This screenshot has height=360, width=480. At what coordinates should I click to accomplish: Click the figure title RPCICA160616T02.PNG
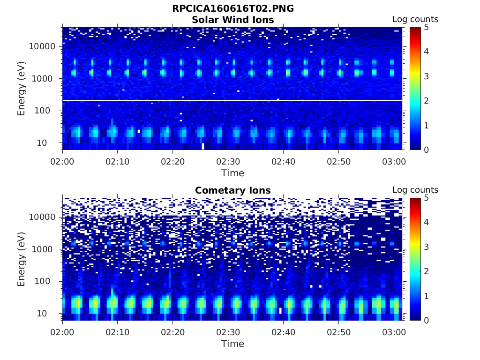point(233,8)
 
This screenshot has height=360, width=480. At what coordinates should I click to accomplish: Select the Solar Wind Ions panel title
point(233,20)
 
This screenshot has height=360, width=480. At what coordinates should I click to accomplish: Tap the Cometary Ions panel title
point(233,190)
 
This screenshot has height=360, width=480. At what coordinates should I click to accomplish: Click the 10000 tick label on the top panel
point(43,46)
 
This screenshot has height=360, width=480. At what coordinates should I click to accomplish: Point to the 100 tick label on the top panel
point(49,111)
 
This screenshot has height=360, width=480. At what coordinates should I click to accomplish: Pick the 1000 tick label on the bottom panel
point(46,249)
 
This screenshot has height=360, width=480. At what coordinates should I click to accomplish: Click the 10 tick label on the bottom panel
point(51,313)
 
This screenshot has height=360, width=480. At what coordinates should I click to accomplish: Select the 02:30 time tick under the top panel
point(228,162)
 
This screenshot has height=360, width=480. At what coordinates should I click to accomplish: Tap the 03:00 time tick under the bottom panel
point(394,332)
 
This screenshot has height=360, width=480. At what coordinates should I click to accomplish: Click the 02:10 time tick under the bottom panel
point(117,332)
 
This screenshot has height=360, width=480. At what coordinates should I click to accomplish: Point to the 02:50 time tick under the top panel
point(338,162)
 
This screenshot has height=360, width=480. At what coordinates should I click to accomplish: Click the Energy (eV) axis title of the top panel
point(22,89)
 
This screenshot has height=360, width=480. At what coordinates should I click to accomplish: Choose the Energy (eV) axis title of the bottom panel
point(22,259)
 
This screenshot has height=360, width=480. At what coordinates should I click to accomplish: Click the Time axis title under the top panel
point(233,173)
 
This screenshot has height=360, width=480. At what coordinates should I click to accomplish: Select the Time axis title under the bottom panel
point(233,344)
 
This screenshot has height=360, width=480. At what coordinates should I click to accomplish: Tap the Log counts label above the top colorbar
point(415,19)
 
